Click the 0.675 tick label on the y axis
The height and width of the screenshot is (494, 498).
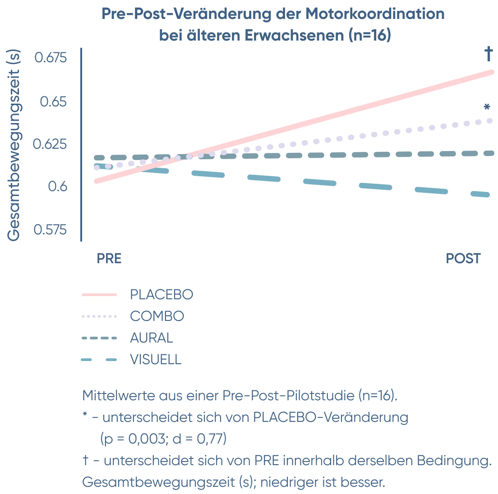51,58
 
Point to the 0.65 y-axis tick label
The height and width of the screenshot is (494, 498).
53,102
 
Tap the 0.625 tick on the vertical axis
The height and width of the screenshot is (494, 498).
50,144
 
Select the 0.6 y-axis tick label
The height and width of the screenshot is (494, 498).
57,187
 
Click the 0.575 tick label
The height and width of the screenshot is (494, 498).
50,230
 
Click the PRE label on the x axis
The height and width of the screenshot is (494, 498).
109,259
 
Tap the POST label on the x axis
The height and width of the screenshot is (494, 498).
463,259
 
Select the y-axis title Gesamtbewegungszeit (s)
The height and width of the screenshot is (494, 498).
14,145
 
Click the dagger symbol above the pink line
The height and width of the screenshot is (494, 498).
489,54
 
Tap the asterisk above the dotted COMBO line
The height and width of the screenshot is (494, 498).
487,107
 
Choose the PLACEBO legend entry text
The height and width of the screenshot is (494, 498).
161,295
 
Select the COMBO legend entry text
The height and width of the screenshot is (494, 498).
157,316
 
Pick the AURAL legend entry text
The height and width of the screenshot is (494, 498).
152,338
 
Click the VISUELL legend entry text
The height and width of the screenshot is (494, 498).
156,360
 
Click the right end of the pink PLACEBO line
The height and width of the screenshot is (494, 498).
492,72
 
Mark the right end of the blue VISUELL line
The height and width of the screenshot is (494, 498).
488,195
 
